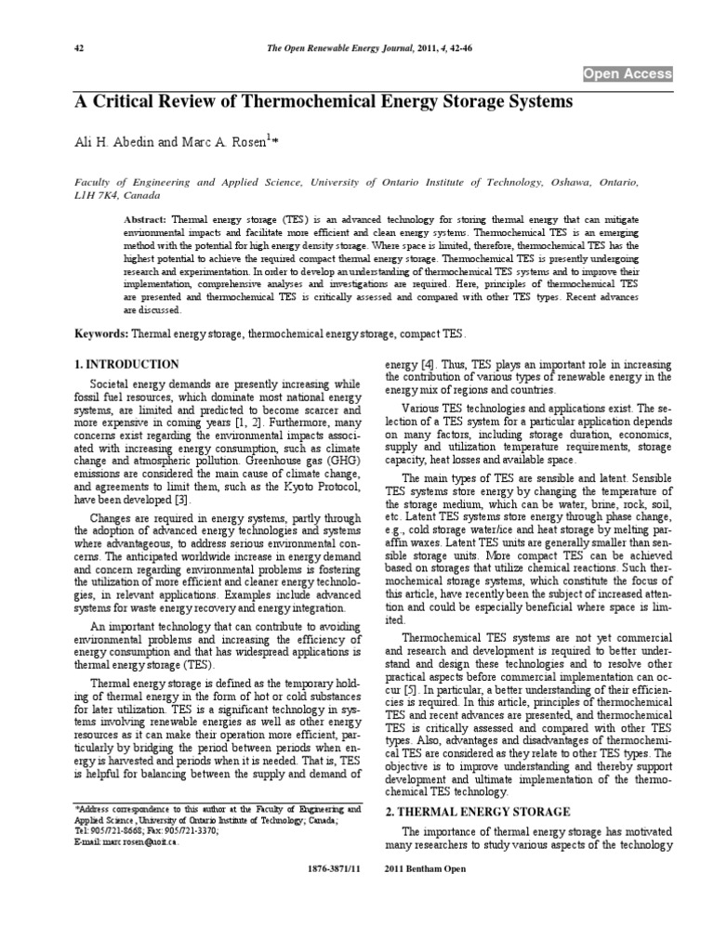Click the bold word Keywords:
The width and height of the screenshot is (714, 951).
[x=102, y=332]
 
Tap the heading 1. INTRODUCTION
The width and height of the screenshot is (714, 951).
[x=126, y=364]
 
